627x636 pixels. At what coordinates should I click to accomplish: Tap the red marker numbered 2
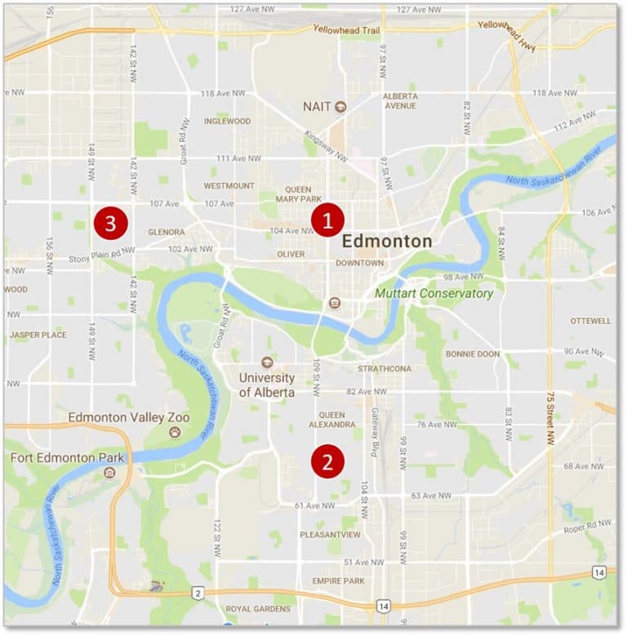click(327, 462)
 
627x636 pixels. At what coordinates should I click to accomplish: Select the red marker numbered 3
click(110, 221)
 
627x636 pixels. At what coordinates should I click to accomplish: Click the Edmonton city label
click(386, 242)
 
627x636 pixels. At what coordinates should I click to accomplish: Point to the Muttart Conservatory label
click(434, 293)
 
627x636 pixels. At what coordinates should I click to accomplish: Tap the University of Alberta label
click(266, 385)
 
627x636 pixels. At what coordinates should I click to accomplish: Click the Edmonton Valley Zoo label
click(129, 418)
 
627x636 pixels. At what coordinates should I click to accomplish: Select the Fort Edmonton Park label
click(65, 457)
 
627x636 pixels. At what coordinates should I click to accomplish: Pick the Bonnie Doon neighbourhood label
click(472, 354)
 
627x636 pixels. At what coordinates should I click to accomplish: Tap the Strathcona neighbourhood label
click(384, 369)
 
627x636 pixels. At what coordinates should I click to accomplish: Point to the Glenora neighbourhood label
click(167, 232)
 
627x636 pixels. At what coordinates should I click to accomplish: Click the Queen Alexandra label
click(331, 420)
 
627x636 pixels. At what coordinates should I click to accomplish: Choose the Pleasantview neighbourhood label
click(330, 535)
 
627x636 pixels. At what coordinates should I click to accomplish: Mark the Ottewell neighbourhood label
click(590, 321)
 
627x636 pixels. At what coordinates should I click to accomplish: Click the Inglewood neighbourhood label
click(227, 121)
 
